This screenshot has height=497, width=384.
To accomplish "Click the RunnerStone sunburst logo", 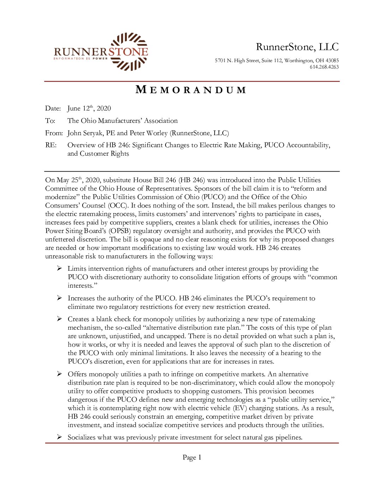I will (129, 52).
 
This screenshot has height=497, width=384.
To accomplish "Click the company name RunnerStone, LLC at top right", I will (297, 47).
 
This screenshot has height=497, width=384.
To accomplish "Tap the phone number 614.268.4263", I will (324, 67).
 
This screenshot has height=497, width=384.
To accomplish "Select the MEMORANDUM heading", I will (191, 90).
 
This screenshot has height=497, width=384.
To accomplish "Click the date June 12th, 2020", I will (89, 108).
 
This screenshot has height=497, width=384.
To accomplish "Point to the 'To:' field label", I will (50, 121).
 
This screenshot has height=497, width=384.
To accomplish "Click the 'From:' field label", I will (54, 133).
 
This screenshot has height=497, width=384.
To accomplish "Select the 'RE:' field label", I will (51, 145).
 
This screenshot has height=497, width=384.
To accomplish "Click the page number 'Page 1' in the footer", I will (192, 457).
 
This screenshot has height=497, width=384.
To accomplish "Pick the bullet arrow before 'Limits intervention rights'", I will (60, 269).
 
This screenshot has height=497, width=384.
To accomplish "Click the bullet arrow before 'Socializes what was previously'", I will (60, 437).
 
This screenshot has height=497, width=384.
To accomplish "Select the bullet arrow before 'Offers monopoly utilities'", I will (60, 374).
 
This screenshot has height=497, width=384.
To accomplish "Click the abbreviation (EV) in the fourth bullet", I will (240, 408).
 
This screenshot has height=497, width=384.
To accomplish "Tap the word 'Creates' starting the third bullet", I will (78, 319).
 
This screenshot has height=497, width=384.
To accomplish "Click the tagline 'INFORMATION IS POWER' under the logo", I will (80, 59).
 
